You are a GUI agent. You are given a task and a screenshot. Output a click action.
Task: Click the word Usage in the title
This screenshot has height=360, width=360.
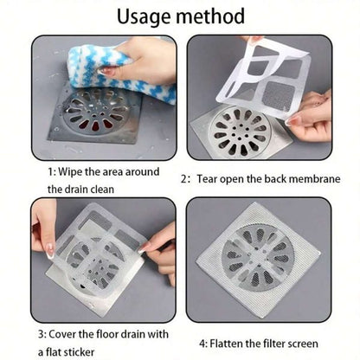tap(145, 16)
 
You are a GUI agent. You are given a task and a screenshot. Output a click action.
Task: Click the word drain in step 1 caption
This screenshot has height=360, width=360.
tap(95, 189)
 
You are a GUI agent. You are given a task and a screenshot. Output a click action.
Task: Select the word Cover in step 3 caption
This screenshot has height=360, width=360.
tap(69, 332)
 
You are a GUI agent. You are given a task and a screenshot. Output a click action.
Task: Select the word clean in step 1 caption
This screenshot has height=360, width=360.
tap(129, 189)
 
